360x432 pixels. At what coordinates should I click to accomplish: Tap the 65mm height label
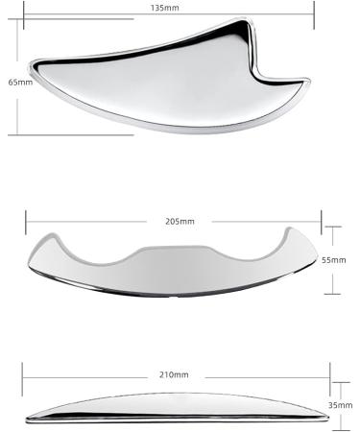(18, 83)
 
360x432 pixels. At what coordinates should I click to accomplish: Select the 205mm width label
(180, 222)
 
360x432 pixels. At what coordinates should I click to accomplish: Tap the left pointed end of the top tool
(35, 64)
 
